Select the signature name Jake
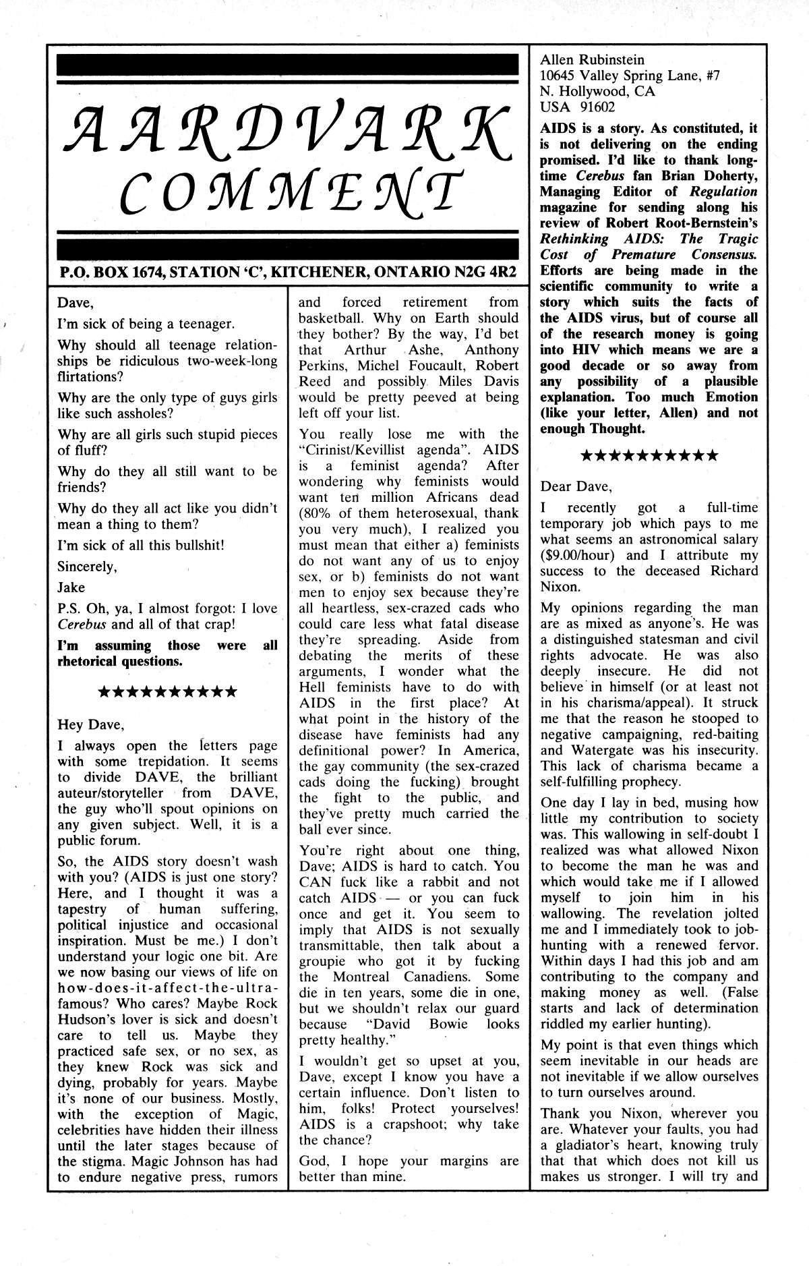71,587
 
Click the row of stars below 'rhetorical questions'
167,692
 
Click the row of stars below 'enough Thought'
649,456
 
